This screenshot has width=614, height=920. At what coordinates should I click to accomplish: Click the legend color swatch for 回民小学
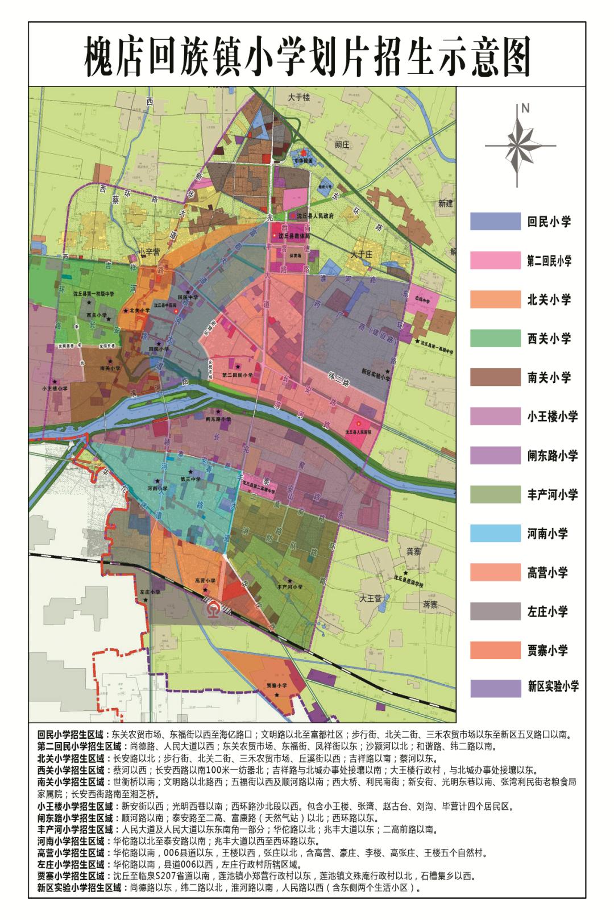[x=495, y=222]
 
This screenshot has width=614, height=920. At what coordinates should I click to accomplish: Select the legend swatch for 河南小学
[x=495, y=534]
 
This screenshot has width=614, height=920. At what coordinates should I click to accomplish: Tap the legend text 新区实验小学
[x=553, y=686]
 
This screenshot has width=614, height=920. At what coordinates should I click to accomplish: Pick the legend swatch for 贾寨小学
[x=495, y=651]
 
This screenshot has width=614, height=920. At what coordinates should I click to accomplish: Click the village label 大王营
[x=371, y=598]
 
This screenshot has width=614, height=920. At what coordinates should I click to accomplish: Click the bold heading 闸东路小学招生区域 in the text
[x=75, y=817]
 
